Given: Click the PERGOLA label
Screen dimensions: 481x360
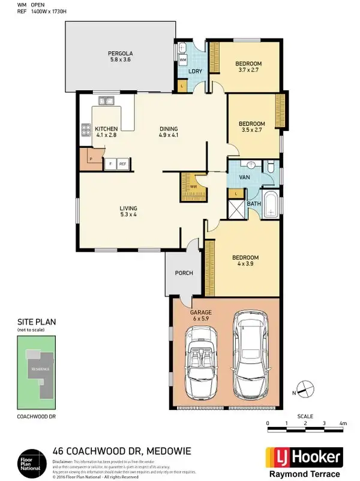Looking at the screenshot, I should pyautogui.click(x=120, y=56).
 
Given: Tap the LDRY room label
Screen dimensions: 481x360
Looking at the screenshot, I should pyautogui.click(x=194, y=72).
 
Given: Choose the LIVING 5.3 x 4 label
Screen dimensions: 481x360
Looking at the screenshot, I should pyautogui.click(x=128, y=211).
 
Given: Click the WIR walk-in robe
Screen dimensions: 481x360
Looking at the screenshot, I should pyautogui.click(x=193, y=187).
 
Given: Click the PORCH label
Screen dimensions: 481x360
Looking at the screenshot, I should pyautogui.click(x=184, y=273).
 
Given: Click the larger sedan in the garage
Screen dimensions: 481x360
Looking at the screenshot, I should pyautogui.click(x=250, y=351).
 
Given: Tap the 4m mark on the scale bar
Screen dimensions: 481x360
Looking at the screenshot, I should pyautogui.click(x=343, y=424).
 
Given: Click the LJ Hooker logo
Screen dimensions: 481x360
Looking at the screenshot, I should pyautogui.click(x=304, y=458).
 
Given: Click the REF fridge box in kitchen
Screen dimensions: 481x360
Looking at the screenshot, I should pyautogui.click(x=123, y=163).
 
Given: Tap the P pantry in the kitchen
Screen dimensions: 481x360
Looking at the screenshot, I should pyautogui.click(x=91, y=159).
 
